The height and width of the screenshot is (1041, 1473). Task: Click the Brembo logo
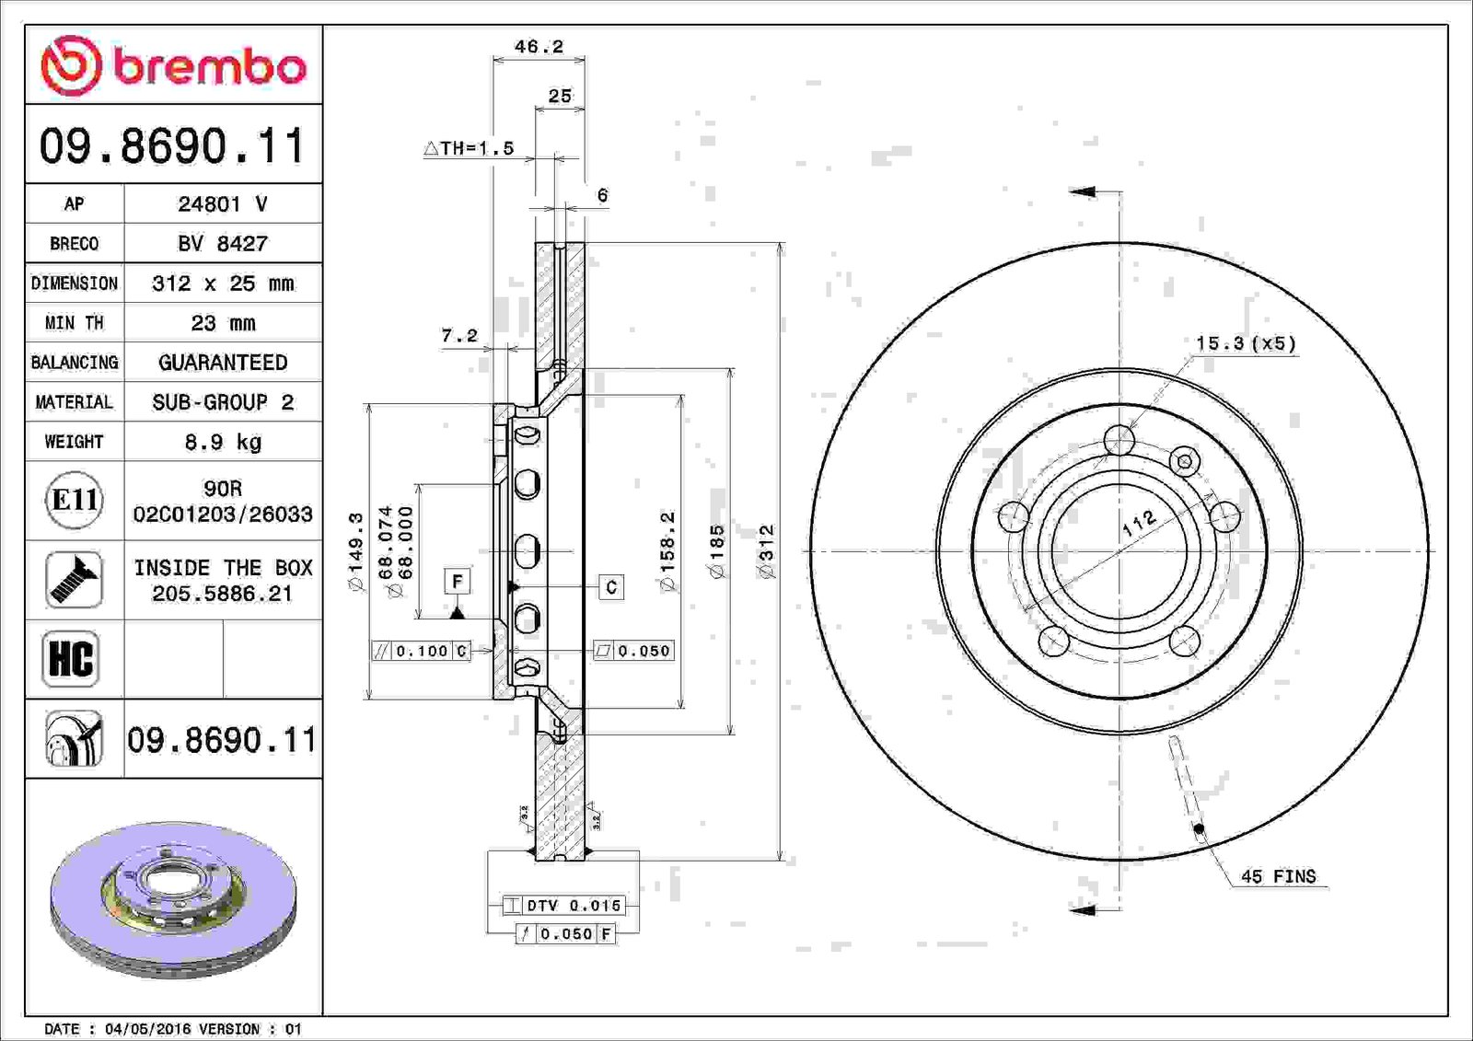point(173,66)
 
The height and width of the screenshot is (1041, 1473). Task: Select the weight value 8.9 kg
point(223,442)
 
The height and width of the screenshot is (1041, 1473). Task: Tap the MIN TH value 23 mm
point(223,323)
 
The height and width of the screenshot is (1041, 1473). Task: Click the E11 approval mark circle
point(75,501)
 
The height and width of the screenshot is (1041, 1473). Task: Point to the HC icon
point(70,658)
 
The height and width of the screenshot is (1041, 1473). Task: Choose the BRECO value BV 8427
point(223,243)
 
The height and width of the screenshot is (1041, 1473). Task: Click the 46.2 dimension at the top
point(539,47)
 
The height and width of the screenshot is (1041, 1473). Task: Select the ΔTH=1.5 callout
point(469,148)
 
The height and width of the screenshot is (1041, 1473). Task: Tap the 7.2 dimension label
point(459,335)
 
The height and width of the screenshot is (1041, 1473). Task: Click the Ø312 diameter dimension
point(767,551)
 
